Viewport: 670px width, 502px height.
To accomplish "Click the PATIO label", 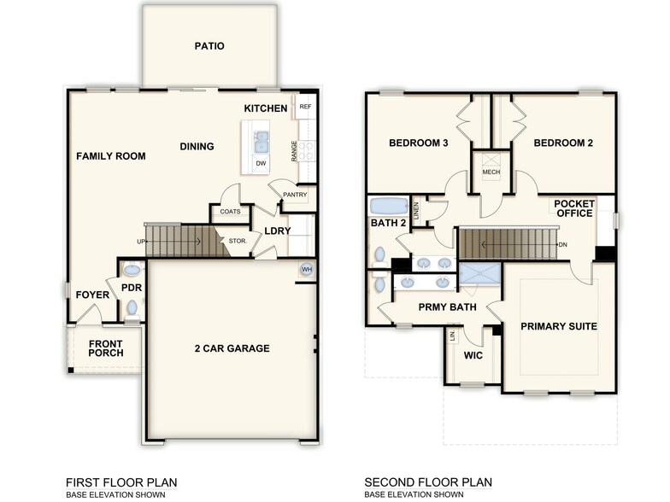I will (x=209, y=46).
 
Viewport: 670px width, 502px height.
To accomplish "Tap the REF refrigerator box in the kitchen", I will (x=305, y=107).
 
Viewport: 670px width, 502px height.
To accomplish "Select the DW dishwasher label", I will (x=260, y=162).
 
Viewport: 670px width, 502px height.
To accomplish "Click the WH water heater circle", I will (x=306, y=270).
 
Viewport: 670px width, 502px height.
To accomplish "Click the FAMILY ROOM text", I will (x=110, y=156).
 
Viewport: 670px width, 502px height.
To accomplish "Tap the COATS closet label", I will (x=230, y=212).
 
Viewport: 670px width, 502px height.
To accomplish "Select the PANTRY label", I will (x=295, y=195).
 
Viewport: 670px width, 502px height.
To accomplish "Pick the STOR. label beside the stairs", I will (x=238, y=242).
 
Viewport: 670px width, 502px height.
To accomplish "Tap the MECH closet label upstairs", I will (x=491, y=172).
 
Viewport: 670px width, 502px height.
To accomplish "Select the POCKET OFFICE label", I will (x=573, y=208).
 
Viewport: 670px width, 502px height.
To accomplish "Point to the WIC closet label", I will (x=473, y=354).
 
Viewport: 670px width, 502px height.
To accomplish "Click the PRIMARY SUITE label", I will (x=558, y=326).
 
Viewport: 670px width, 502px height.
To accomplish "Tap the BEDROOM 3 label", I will (x=419, y=143).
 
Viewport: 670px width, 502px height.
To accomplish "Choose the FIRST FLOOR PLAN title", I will (x=121, y=482).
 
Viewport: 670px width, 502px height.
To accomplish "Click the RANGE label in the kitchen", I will (x=294, y=152).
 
